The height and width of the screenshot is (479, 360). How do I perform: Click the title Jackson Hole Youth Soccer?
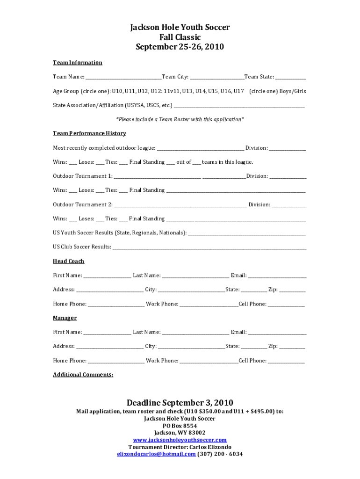point(180,28)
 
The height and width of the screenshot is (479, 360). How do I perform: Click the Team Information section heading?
point(77,63)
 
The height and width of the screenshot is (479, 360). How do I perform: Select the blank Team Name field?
point(123,77)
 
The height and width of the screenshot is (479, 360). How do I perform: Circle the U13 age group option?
point(187,91)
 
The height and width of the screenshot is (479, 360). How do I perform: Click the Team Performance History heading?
point(89,133)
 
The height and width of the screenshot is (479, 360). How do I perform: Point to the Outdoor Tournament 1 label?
point(82,176)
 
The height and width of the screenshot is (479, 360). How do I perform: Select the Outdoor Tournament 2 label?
point(82,205)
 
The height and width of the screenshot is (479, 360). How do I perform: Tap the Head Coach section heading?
point(68,261)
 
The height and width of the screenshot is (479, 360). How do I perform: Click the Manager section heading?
point(65,318)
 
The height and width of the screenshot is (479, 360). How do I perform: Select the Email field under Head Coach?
point(277,276)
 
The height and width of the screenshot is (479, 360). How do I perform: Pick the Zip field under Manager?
point(292,347)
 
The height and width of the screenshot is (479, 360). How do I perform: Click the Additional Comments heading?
point(83,375)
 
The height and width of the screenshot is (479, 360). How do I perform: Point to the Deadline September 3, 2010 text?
point(180,403)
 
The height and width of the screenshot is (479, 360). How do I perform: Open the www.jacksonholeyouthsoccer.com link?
point(180,440)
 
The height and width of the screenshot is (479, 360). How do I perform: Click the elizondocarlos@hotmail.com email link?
point(156,454)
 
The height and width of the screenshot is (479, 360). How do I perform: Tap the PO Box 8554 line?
point(180,426)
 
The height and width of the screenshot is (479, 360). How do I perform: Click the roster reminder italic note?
point(180,119)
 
